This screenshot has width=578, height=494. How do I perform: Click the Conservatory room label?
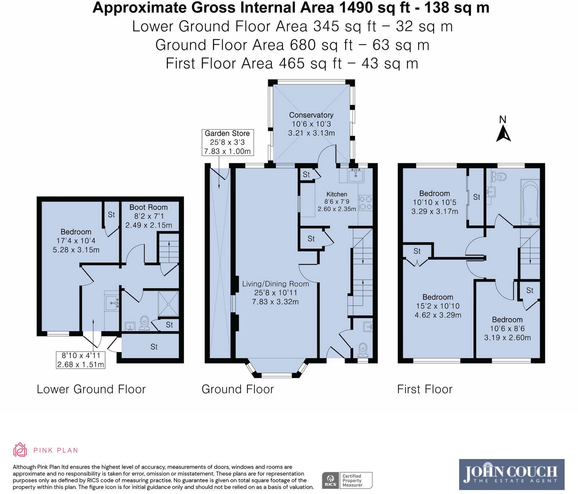[311, 115]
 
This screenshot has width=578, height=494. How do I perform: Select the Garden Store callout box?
[228, 143]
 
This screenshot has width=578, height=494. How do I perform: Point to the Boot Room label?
[148, 208]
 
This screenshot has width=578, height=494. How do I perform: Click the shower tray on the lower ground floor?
[168, 304]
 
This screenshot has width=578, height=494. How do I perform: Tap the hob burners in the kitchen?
[365, 203]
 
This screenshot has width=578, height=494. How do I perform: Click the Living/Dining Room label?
[275, 284]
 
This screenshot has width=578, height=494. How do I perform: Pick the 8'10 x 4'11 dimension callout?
[81, 360]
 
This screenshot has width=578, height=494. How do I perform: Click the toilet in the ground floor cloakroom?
[363, 349]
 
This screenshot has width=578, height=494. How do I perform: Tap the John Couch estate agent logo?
[511, 474]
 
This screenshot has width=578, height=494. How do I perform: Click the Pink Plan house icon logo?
[20, 450]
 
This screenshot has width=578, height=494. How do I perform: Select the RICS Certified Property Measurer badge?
[347, 481]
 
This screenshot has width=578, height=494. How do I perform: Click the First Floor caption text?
[424, 389]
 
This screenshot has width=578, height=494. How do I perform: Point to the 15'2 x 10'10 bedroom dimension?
[438, 306]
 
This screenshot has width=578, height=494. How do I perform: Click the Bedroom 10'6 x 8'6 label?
[507, 320]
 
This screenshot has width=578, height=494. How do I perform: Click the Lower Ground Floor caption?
[91, 389]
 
